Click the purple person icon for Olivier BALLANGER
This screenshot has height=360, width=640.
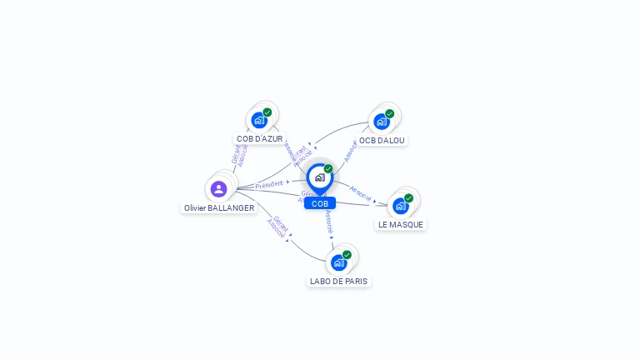[219, 188]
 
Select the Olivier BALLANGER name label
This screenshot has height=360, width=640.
[219, 208]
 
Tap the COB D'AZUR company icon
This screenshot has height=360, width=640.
[259, 120]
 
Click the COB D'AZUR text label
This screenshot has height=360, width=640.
[260, 139]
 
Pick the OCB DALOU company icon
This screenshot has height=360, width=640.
[382, 122]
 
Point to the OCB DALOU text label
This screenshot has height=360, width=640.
[382, 141]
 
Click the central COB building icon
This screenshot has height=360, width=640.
[319, 177]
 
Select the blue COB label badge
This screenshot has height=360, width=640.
[320, 203]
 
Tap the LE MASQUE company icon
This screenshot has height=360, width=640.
[401, 206]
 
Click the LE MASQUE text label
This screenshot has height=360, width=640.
[401, 225]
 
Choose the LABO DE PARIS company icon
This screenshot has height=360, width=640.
[338, 262]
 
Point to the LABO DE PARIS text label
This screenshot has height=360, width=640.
[338, 282]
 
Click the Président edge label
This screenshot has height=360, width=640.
[269, 184]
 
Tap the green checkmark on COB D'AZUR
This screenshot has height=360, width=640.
[267, 112]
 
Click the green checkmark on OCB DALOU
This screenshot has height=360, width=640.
[390, 114]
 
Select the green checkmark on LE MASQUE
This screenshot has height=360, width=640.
[409, 198]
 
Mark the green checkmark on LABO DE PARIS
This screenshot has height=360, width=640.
[347, 255]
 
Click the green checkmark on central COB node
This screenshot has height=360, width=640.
[328, 169]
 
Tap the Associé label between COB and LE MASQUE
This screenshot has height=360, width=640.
[360, 192]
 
